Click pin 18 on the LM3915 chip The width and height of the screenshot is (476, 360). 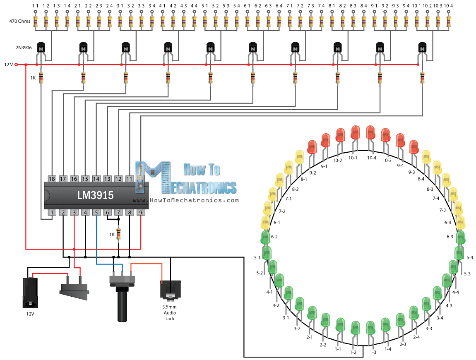(52, 179)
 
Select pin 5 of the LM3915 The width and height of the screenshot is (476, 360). (96, 213)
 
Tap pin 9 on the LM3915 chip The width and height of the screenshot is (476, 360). (141, 213)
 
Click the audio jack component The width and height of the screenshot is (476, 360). (170, 290)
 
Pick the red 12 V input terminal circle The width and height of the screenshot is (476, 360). (17, 65)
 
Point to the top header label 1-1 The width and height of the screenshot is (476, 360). (36, 6)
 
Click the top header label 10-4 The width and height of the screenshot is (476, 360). (449, 6)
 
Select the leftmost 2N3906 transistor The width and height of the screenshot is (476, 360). (41, 48)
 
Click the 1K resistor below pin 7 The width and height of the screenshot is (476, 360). (119, 234)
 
